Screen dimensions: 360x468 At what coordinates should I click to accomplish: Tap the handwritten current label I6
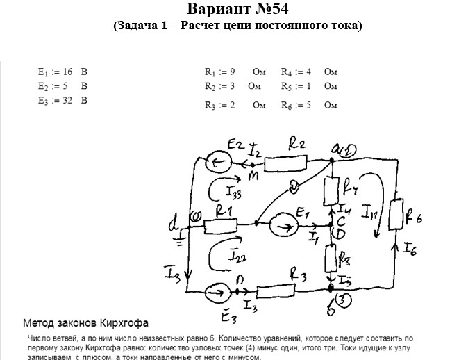[x=408, y=247]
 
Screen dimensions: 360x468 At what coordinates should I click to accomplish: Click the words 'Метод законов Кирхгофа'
[x=85, y=323]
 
